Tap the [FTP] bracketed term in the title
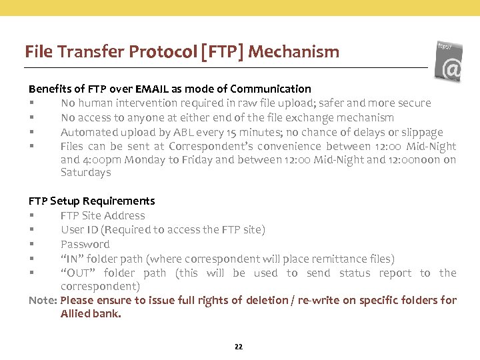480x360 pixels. click(x=221, y=51)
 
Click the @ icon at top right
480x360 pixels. click(x=451, y=69)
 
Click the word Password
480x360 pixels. click(x=85, y=244)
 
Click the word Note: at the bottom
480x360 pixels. click(x=43, y=300)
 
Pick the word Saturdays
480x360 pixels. click(x=85, y=173)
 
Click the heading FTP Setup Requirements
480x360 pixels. click(x=91, y=201)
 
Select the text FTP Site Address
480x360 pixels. click(x=103, y=215)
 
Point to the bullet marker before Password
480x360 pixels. click(x=31, y=245)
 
